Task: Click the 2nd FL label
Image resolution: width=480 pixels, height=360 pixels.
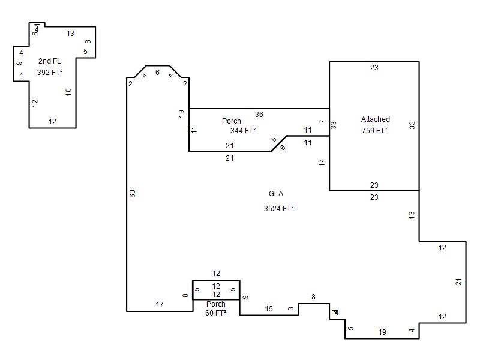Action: pyautogui.click(x=50, y=61)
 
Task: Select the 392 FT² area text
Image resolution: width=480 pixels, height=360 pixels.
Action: pyautogui.click(x=50, y=72)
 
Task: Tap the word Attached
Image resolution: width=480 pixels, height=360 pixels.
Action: pyautogui.click(x=376, y=119)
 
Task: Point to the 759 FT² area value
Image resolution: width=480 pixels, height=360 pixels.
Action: pyautogui.click(x=374, y=130)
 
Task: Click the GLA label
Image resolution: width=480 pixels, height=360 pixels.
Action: pyautogui.click(x=276, y=193)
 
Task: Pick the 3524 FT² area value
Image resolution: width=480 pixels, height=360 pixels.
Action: pyautogui.click(x=278, y=208)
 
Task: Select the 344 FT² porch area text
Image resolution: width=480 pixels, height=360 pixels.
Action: pyautogui.click(x=243, y=130)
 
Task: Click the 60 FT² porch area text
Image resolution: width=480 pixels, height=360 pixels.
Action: pyautogui.click(x=216, y=313)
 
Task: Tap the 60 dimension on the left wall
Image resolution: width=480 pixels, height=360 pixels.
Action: pyautogui.click(x=132, y=193)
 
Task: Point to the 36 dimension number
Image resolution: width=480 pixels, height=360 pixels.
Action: pyautogui.click(x=259, y=114)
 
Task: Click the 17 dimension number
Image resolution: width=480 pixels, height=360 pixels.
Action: pyautogui.click(x=160, y=305)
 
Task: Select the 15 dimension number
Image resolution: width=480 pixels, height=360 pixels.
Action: pyautogui.click(x=269, y=309)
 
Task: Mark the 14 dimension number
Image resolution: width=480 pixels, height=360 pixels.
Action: pyautogui.click(x=322, y=163)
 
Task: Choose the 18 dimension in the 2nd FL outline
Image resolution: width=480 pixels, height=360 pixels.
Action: pyautogui.click(x=68, y=92)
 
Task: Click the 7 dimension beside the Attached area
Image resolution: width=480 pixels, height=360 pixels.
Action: pyautogui.click(x=322, y=122)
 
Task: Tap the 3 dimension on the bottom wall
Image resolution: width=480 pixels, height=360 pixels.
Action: pyautogui.click(x=291, y=308)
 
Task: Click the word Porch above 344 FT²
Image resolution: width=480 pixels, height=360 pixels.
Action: pyautogui.click(x=232, y=121)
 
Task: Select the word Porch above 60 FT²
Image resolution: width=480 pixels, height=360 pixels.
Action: pyautogui.click(x=216, y=304)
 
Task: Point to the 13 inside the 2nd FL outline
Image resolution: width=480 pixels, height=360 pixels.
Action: pyautogui.click(x=70, y=34)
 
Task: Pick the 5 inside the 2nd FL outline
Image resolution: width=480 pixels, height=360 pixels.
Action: pyautogui.click(x=85, y=52)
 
